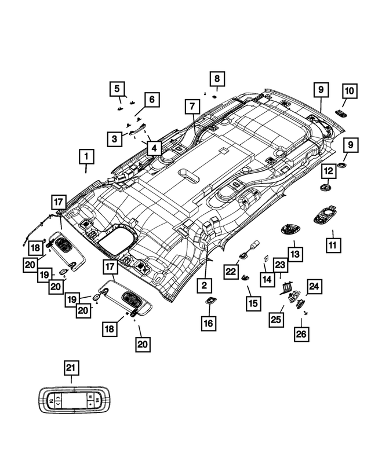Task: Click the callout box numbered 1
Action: coord(86,156)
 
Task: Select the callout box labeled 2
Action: coord(204,285)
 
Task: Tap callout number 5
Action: coord(118,89)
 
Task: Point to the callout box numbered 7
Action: coord(191,107)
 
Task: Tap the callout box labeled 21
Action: coord(71,368)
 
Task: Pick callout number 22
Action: coord(232,270)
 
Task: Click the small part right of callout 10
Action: coord(341,114)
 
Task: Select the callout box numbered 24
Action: coord(314,286)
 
